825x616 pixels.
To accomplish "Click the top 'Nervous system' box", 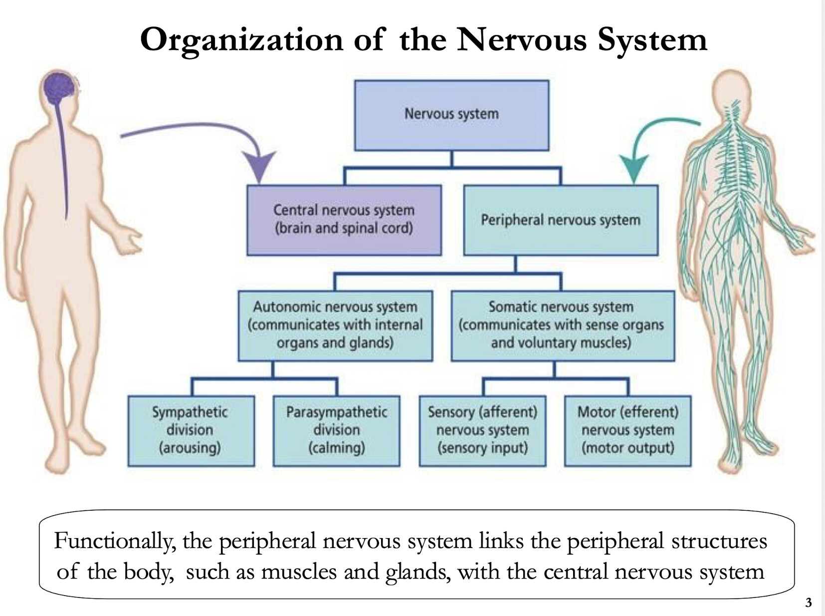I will (x=451, y=115).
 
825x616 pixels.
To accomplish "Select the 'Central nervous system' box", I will (x=344, y=220).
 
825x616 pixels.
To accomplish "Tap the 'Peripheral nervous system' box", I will (x=560, y=220).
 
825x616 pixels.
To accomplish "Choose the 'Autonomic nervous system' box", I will (x=335, y=325).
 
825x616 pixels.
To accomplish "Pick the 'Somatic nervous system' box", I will (x=562, y=325).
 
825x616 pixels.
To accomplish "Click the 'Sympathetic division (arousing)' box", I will (x=191, y=430).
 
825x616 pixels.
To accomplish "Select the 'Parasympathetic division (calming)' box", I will (x=336, y=430).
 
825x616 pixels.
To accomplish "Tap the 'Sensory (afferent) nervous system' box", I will (x=482, y=430).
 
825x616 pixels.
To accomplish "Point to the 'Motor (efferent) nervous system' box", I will (x=627, y=430).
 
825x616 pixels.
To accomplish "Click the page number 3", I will (x=809, y=603).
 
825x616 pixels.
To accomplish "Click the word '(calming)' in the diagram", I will (x=336, y=448).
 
